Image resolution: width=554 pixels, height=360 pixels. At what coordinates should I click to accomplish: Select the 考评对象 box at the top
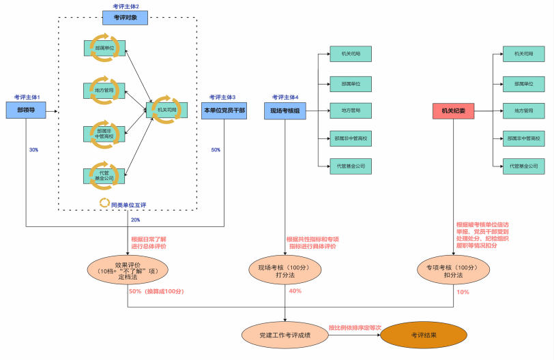pyautogui.click(x=125, y=18)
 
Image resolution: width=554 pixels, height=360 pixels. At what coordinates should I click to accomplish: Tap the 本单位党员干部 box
pyautogui.click(x=224, y=110)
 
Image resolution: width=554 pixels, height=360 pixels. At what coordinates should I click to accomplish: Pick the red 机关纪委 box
pyautogui.click(x=454, y=110)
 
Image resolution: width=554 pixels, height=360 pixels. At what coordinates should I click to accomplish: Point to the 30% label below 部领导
pyautogui.click(x=33, y=150)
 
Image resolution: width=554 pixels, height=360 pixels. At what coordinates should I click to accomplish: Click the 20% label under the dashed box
pyautogui.click(x=134, y=220)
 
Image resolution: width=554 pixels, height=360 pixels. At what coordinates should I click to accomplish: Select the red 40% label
pyautogui.click(x=295, y=292)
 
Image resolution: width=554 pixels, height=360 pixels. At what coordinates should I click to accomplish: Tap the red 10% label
pyautogui.click(x=463, y=292)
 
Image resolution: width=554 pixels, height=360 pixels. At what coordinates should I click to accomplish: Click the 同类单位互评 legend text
pyautogui.click(x=130, y=202)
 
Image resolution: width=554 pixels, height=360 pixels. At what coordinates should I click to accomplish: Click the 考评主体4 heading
pyautogui.click(x=285, y=97)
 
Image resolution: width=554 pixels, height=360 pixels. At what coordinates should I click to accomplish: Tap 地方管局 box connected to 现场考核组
pyautogui.click(x=350, y=110)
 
